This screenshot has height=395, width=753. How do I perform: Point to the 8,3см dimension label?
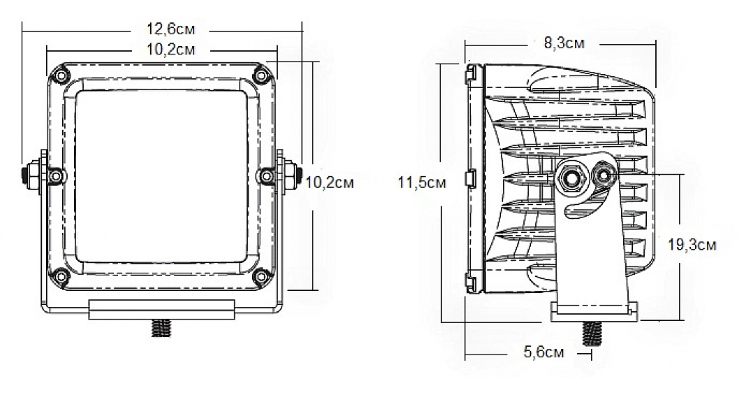click(x=564, y=43)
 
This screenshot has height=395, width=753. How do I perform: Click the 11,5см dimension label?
click(x=421, y=183)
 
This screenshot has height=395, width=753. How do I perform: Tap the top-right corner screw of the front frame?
click(x=262, y=76)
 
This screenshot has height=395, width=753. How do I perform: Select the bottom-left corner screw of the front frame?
click(x=61, y=275)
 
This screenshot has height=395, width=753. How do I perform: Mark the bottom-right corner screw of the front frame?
click(x=262, y=275)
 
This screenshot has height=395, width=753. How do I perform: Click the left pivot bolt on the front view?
click(x=33, y=174)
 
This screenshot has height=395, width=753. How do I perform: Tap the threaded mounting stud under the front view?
click(x=161, y=327)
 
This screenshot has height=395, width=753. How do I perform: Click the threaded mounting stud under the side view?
click(x=592, y=333)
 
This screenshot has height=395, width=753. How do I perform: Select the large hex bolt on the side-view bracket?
click(x=573, y=178)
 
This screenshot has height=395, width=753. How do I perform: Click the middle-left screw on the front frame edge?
click(x=54, y=175)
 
